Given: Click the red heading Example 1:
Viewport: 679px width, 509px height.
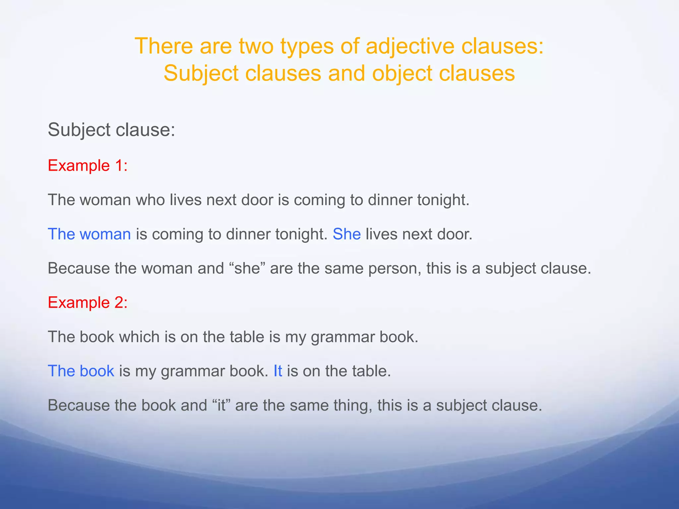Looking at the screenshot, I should pyautogui.click(x=88, y=165).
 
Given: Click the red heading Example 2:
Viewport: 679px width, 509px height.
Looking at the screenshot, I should pyautogui.click(x=88, y=303).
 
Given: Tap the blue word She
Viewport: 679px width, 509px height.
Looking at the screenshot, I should pyautogui.click(x=346, y=234).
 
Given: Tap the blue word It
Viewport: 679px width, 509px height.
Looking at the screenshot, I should pyautogui.click(x=278, y=371).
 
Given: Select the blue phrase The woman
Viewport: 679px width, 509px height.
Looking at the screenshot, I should pyautogui.click(x=90, y=234).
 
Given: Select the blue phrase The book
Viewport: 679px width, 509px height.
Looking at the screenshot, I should pyautogui.click(x=81, y=371).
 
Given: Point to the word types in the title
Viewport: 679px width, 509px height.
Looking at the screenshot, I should pyautogui.click(x=307, y=47).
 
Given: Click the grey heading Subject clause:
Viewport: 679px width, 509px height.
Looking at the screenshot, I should pyautogui.click(x=111, y=130).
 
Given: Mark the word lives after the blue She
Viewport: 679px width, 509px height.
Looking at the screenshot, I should pyautogui.click(x=382, y=234).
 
